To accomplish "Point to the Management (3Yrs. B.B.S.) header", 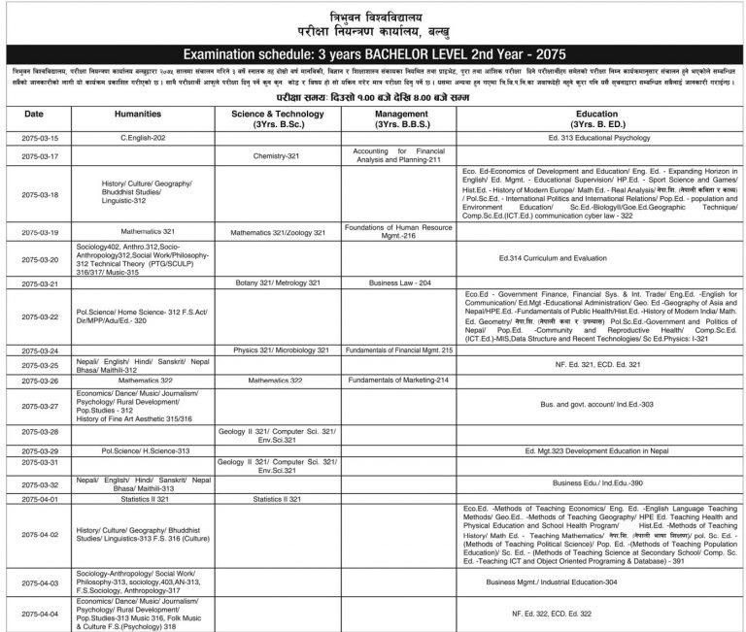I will (398, 119).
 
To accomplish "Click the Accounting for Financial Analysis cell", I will (398, 155).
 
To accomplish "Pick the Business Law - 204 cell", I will (398, 283).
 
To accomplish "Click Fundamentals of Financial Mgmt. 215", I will (398, 349).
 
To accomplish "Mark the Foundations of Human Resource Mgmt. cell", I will (398, 231).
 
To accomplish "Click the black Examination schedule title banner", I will (373, 56).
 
